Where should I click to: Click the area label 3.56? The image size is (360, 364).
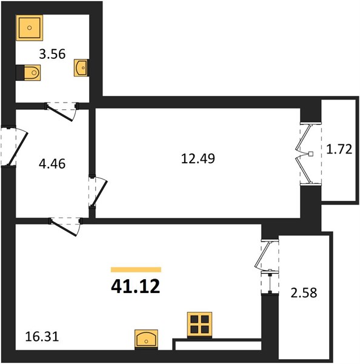(x=52, y=55)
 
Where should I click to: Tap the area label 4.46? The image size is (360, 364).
(x=52, y=164)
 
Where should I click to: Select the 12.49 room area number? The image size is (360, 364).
(x=198, y=159)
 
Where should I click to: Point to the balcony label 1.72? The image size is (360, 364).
(x=339, y=149)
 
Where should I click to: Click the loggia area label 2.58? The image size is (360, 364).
(x=304, y=292)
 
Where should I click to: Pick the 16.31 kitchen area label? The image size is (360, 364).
(x=42, y=337)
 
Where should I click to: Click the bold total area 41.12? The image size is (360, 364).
(x=136, y=286)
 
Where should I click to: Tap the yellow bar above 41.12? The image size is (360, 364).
(x=136, y=269)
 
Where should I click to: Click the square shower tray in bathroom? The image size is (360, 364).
(x=30, y=28)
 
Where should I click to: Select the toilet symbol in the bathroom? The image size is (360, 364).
(x=28, y=73)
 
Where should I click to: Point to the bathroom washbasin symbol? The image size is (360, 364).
(x=81, y=67)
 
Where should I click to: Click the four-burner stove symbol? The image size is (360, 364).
(x=200, y=325)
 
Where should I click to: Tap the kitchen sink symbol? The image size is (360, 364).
(x=146, y=339)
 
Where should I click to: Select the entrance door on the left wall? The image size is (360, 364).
(x=15, y=146)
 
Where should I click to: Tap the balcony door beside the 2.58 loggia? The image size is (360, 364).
(x=267, y=267)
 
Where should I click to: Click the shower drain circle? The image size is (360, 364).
(x=30, y=28)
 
